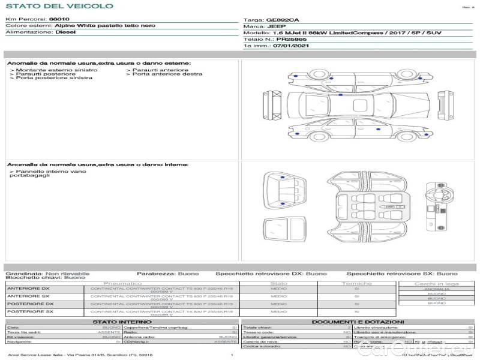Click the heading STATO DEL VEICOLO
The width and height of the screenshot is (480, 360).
(59, 6)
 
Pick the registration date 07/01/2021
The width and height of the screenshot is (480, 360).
(291, 45)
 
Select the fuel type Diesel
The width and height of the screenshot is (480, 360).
(65, 32)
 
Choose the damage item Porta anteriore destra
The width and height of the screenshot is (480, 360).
(167, 74)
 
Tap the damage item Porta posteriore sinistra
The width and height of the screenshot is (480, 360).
(51, 78)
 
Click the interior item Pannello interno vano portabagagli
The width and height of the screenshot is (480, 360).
(48, 174)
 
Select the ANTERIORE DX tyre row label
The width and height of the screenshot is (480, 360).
(28, 289)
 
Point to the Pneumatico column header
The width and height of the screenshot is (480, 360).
(122, 283)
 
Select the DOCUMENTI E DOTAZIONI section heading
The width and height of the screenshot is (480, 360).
(358, 322)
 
